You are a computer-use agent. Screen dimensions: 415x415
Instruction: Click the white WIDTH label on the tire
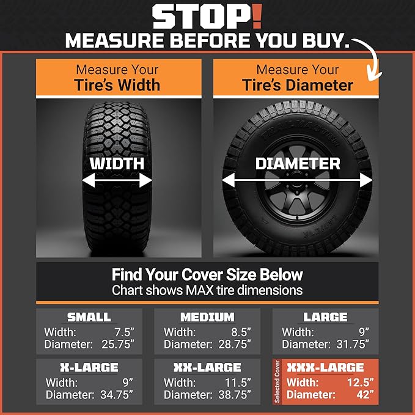[x=117, y=164]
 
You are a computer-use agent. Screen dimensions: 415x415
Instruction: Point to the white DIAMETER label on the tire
[x=298, y=163]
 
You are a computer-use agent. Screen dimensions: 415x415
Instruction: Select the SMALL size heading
[x=89, y=317]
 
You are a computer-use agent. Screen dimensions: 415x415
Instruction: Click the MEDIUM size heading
[x=207, y=317]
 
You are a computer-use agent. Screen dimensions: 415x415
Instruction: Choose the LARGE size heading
[x=325, y=317]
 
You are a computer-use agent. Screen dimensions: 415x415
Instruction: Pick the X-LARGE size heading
[x=89, y=367]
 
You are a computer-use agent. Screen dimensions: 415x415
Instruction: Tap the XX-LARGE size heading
[x=207, y=367]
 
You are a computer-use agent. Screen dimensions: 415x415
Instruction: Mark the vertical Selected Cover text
[x=277, y=382]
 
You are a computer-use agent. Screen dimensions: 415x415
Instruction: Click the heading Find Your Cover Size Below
[x=207, y=274]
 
